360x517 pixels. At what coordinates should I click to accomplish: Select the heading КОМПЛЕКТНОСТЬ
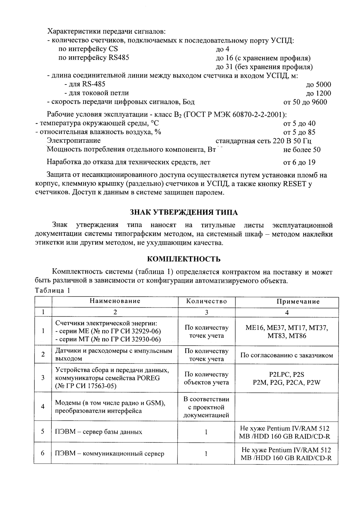pyautogui.click(x=183, y=259)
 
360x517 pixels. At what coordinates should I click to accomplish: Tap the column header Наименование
pyautogui.click(x=115, y=301)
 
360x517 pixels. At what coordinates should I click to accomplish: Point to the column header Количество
pyautogui.click(x=207, y=301)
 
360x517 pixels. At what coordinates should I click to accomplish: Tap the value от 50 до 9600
pyautogui.click(x=305, y=102)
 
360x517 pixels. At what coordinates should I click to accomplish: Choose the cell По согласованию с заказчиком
pyautogui.click(x=286, y=355)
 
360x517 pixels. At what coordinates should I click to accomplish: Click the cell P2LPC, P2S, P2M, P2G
pyautogui.click(x=286, y=378)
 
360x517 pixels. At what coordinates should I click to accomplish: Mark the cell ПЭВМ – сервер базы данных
pyautogui.click(x=99, y=432)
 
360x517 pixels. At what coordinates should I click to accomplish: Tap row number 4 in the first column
pyautogui.click(x=43, y=407)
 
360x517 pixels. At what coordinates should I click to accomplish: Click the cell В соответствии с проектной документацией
pyautogui.click(x=206, y=407)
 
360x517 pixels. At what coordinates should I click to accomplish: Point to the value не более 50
pyautogui.click(x=302, y=150)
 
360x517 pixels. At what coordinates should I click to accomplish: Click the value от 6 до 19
pyautogui.click(x=299, y=162)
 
